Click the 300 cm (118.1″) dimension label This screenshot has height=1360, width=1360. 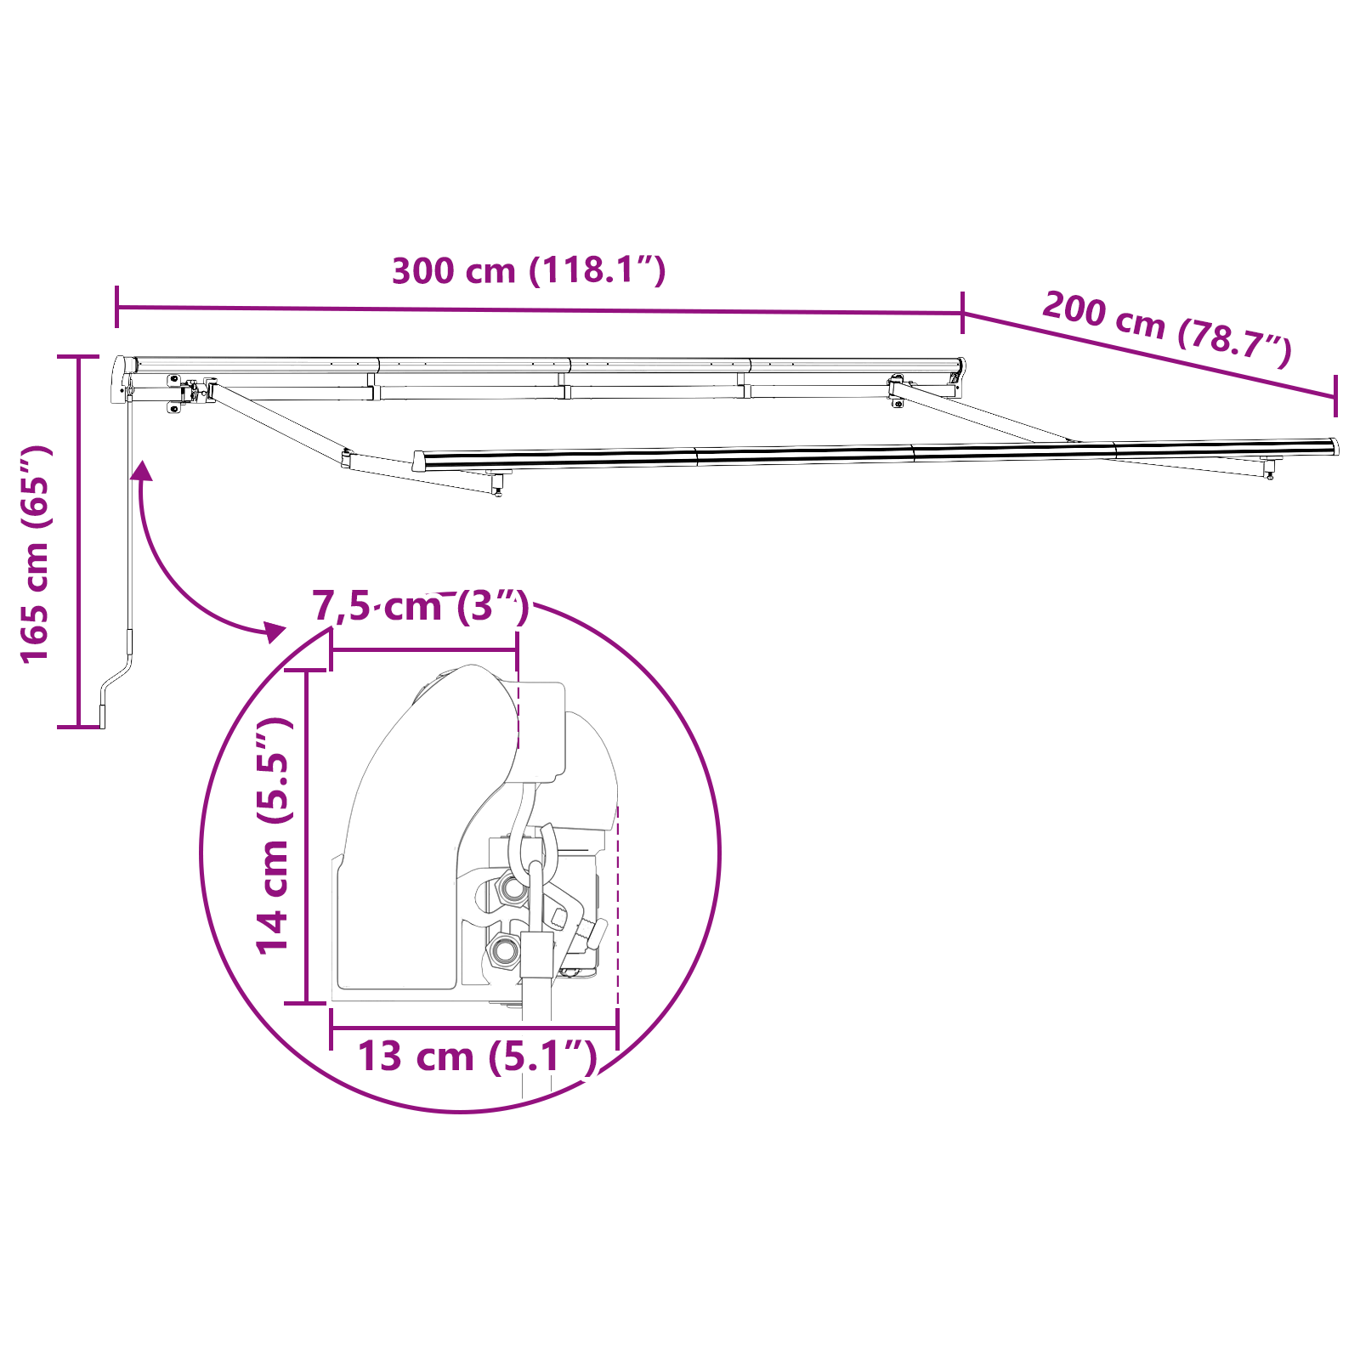(529, 270)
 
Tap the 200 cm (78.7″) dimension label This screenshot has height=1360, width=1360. (1167, 328)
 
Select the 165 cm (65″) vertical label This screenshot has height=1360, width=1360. (36, 553)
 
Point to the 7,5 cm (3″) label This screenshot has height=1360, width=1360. (421, 607)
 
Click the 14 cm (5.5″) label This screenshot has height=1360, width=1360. (275, 836)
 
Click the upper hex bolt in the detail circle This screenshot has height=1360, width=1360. (513, 888)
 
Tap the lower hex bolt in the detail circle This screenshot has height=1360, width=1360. (503, 949)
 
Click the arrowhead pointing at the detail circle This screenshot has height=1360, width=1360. (275, 631)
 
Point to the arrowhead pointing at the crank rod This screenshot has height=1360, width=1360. (142, 470)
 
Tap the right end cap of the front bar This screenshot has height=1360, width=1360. (1334, 446)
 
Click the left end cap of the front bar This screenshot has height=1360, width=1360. (418, 461)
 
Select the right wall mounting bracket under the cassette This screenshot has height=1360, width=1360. (897, 389)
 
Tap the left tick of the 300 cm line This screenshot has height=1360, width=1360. (116, 307)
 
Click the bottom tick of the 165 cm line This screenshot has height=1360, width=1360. (79, 727)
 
